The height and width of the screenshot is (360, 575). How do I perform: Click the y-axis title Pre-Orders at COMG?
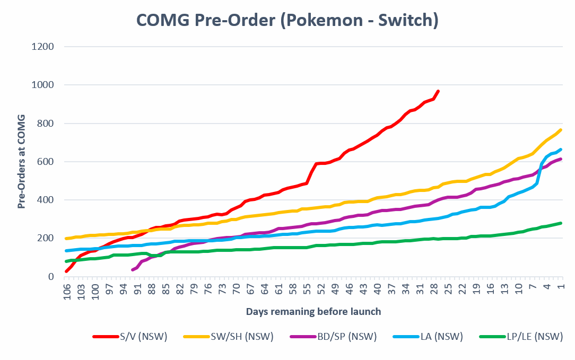click(22, 161)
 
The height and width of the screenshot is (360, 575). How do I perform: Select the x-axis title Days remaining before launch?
click(313, 311)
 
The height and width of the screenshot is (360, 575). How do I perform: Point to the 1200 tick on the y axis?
click(43, 47)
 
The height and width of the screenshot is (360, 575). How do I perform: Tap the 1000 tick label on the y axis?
click(43, 85)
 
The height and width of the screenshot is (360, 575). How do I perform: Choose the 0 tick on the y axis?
click(51, 277)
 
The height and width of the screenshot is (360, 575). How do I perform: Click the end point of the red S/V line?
click(438, 91)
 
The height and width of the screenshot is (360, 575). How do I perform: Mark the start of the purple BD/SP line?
click(132, 270)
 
